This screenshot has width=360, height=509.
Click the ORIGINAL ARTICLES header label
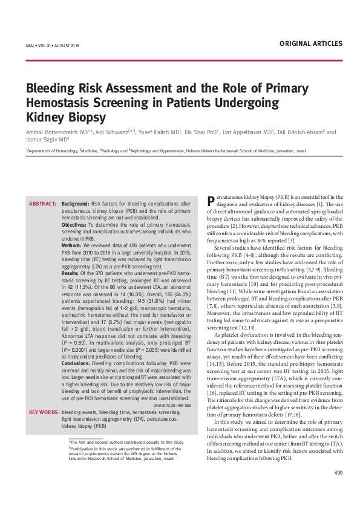pyautogui.click(x=312, y=44)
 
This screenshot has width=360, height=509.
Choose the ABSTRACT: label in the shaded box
pyautogui.click(x=42, y=204)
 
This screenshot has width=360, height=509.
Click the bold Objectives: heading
pyautogui.click(x=74, y=224)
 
